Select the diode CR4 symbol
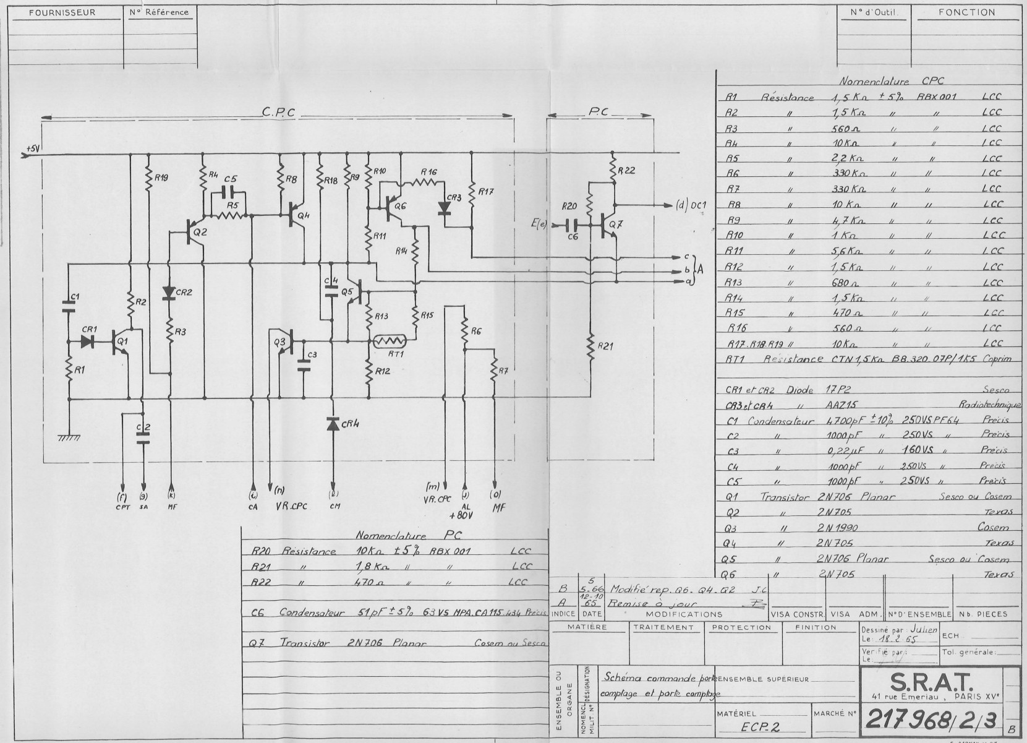[333, 424]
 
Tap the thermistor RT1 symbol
[388, 341]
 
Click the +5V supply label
[33, 149]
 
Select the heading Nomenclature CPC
[891, 81]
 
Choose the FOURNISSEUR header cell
[62, 12]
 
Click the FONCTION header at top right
[966, 12]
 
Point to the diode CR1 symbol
[89, 341]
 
